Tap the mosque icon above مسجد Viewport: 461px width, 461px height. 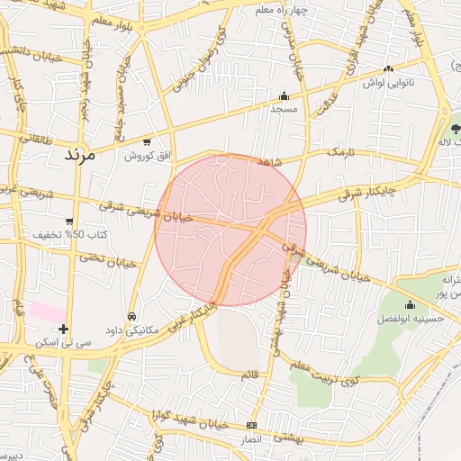click(x=285, y=95)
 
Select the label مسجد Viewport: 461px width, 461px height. click(x=285, y=109)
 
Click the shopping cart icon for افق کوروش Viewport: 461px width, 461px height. click(x=147, y=142)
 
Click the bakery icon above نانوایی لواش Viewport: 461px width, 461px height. click(x=388, y=68)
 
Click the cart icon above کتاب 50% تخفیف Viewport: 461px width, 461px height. click(x=69, y=221)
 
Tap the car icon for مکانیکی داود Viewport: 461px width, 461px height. click(x=132, y=317)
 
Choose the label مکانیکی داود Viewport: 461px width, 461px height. click(x=132, y=330)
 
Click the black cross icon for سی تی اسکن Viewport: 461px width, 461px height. click(x=63, y=330)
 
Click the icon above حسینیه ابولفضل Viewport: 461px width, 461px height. click(x=411, y=305)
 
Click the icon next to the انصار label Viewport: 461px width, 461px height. click(x=251, y=425)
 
